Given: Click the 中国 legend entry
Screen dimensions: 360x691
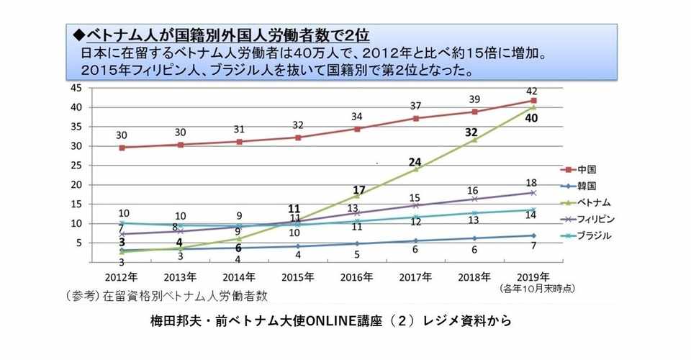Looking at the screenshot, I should (587, 170).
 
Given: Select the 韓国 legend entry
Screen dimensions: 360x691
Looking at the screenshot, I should (587, 186).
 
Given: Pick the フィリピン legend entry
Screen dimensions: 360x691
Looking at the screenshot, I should (594, 219).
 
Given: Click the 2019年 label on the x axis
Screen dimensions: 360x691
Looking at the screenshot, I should (533, 276).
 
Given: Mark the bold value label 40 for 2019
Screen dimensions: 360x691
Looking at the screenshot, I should (533, 118).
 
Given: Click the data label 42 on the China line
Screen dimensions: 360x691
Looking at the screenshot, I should (533, 91).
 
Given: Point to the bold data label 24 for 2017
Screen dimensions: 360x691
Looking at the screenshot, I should (416, 162).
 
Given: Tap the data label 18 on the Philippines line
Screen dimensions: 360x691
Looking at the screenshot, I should (533, 184).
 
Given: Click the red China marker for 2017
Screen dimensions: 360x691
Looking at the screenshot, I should (416, 118).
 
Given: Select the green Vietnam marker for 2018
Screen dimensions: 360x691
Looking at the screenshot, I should (474, 140).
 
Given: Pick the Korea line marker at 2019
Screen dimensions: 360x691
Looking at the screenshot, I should (533, 235).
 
